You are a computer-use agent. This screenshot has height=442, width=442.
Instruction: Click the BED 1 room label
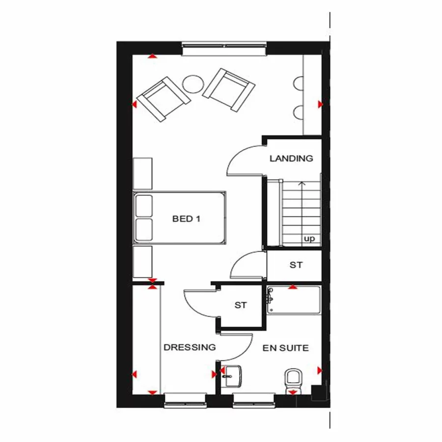186,219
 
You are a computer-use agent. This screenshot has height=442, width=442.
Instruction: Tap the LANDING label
291,159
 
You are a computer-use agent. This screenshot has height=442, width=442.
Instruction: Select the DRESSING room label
190,347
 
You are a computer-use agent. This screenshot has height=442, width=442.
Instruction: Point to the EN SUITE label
286,348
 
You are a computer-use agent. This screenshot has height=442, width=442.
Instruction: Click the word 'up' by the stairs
309,239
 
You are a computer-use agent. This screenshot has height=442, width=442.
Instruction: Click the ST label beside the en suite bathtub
240,305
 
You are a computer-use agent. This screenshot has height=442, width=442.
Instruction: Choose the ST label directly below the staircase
296,265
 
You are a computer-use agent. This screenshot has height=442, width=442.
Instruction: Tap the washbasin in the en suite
231,376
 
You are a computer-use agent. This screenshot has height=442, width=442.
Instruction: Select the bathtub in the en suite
294,300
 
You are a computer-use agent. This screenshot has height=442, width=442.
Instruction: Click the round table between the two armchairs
193,83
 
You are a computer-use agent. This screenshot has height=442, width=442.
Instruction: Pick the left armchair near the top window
163,99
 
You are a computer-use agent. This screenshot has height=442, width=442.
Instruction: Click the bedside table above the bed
143,173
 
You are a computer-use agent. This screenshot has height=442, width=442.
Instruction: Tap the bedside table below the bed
143,262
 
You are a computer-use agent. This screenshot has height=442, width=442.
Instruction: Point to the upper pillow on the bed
144,206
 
